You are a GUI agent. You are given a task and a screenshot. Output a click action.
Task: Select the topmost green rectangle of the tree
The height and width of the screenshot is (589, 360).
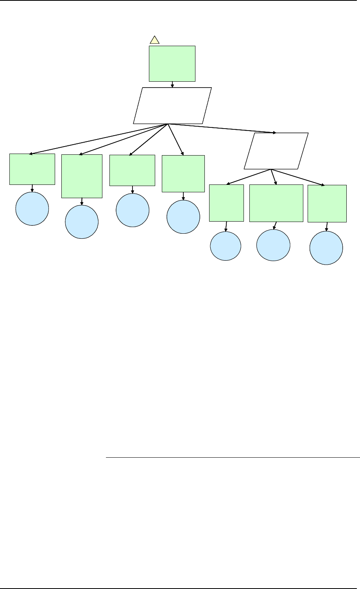172,63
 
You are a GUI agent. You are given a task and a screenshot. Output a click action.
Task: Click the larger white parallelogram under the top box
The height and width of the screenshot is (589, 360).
172,106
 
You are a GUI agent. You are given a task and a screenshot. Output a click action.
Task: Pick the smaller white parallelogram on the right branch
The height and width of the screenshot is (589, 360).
276,151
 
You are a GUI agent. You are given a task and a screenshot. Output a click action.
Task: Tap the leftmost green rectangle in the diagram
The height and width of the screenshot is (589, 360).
32,169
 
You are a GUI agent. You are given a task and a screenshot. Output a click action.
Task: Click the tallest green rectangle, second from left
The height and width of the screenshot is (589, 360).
82,176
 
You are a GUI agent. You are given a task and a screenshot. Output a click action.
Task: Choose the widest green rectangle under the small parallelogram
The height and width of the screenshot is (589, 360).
276,203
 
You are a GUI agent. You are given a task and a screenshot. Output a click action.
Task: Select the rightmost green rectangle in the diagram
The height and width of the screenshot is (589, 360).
327,204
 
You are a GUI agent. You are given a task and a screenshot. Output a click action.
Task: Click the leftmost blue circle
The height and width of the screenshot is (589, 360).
32,209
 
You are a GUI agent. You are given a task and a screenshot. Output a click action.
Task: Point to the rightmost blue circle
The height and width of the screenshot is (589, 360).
326,248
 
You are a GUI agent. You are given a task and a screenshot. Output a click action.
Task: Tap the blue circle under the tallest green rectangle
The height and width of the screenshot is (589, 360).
82,222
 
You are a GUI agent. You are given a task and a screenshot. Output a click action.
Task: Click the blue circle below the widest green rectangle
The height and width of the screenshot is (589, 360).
273,245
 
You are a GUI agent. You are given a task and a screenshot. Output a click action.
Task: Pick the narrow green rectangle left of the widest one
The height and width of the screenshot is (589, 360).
226,203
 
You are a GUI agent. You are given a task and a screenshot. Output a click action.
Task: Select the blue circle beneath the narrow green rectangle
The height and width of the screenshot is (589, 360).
226,246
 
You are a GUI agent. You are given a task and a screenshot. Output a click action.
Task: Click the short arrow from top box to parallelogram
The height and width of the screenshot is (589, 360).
172,84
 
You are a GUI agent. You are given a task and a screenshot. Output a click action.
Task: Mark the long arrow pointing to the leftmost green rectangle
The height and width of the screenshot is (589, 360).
98,139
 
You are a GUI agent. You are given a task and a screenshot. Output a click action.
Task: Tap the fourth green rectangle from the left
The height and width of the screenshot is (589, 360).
183,174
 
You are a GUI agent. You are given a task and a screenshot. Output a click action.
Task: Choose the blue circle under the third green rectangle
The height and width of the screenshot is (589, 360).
133,210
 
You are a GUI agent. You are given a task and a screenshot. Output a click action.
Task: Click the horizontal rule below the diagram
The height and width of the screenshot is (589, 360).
232,457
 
